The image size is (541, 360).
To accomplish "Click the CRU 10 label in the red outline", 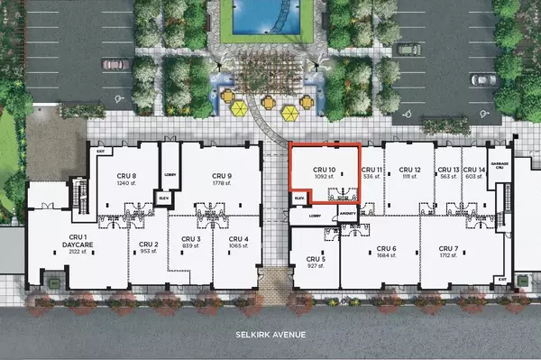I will pos(324,169).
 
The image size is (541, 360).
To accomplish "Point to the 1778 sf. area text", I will pos(221,184).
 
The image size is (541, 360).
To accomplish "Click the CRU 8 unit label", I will pos(126,176).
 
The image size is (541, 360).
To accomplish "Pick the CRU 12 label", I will pos(409,170).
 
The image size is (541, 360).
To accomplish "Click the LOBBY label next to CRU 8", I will pos(168,174).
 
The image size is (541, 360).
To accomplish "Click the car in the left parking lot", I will pos(113,64).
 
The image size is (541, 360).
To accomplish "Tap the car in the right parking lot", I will pos(483,79).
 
